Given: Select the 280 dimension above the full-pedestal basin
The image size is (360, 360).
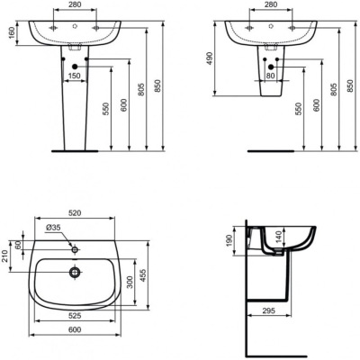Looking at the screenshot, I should [x=76, y=5].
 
